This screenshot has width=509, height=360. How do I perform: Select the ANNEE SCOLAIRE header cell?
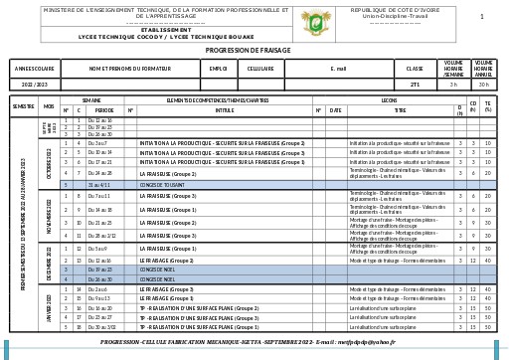34,70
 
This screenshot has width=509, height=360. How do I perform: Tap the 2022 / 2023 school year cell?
34,85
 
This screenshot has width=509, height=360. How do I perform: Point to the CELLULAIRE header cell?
260,70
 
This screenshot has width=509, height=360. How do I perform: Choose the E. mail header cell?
338,70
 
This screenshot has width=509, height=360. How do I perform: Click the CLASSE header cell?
415,70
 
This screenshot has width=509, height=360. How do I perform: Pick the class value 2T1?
415,85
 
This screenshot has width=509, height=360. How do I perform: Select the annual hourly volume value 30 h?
483,85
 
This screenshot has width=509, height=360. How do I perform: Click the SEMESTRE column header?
23,105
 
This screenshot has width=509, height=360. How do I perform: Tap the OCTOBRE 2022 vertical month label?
49,162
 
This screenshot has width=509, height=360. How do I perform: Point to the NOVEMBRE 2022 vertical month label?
49,216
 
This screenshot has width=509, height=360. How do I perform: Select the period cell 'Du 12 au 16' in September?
99,120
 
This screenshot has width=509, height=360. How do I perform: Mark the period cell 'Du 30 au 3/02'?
101,327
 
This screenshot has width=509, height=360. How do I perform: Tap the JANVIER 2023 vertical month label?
49,307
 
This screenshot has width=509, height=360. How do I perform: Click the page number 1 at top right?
481,17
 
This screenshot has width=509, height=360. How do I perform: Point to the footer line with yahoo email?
248,342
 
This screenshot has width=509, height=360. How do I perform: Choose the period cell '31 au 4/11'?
99,185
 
